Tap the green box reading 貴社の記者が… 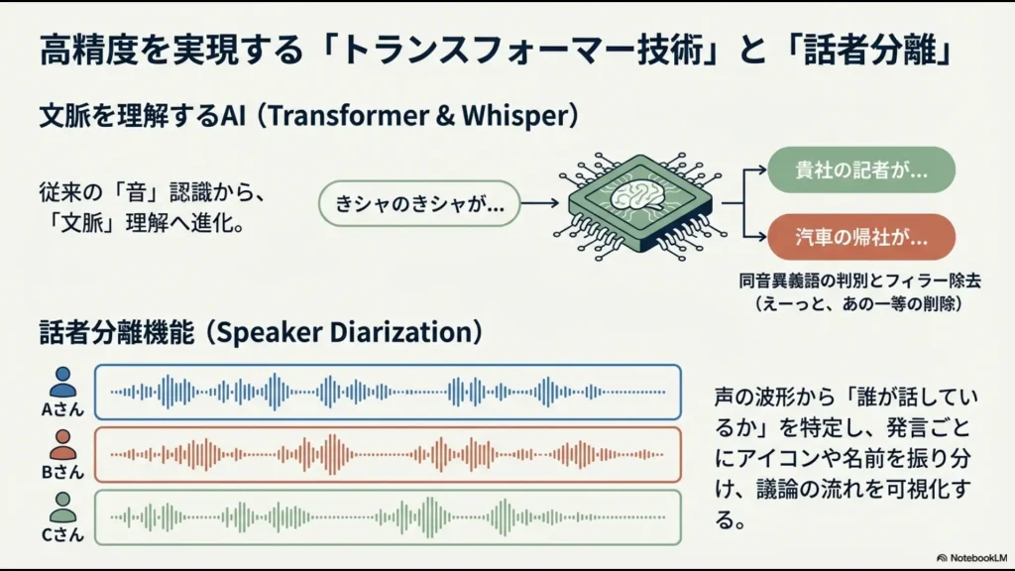pos(860,170)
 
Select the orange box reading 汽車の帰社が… pos(860,237)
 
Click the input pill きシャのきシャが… pos(418,204)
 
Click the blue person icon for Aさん pos(62,381)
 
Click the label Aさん pos(62,409)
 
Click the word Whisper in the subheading pos(516,116)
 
